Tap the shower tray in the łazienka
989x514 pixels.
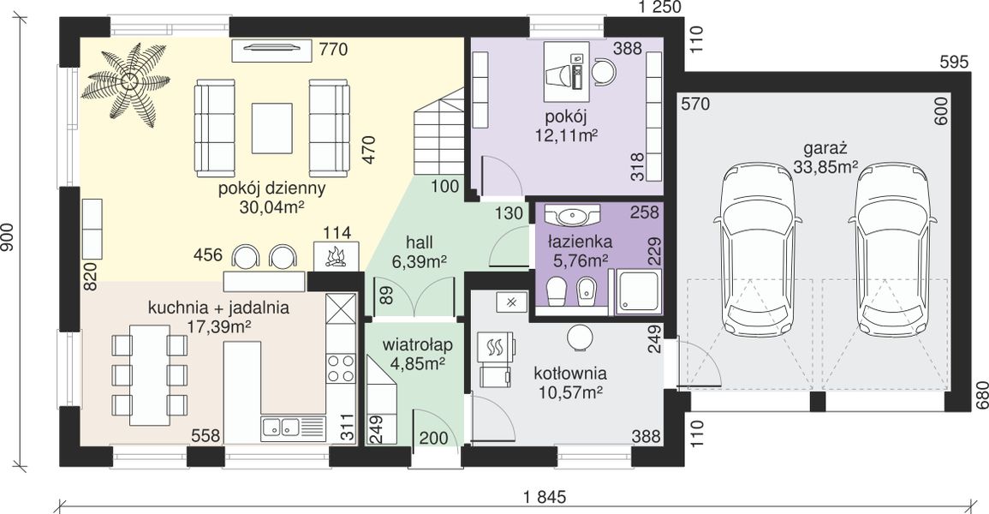click(638, 291)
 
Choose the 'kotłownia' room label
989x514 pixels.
click(570, 373)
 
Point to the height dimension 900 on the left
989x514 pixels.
click(8, 238)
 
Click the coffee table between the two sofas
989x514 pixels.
click(272, 128)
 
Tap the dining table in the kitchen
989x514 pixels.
click(150, 374)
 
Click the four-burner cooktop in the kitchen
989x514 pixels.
click(341, 368)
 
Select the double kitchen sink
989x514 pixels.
click(281, 427)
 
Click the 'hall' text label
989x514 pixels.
click(419, 242)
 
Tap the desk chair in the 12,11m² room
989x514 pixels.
click(603, 71)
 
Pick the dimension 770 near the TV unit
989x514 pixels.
click(334, 49)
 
